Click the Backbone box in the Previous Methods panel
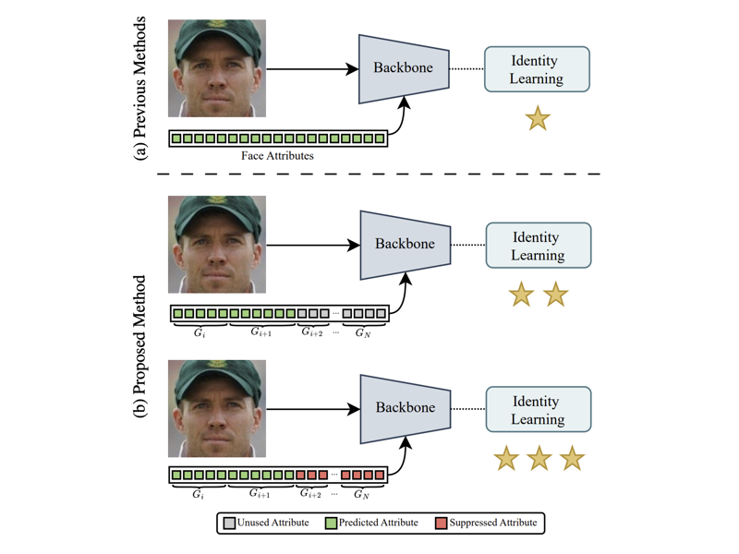(x=404, y=68)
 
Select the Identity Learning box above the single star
(x=537, y=69)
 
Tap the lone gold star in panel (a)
(x=538, y=118)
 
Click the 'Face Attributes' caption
(x=277, y=156)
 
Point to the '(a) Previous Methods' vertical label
(x=140, y=88)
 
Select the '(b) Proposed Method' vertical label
(x=140, y=346)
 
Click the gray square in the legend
(x=230, y=523)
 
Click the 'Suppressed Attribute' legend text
(x=492, y=523)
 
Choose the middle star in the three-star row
(x=539, y=458)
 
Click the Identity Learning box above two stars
(x=538, y=246)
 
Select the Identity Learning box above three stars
(x=538, y=410)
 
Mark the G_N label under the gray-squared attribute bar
(x=363, y=332)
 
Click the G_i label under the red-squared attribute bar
(x=199, y=495)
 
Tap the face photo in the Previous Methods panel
(x=217, y=68)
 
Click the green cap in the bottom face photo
(x=217, y=376)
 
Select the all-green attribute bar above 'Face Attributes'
(x=278, y=138)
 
